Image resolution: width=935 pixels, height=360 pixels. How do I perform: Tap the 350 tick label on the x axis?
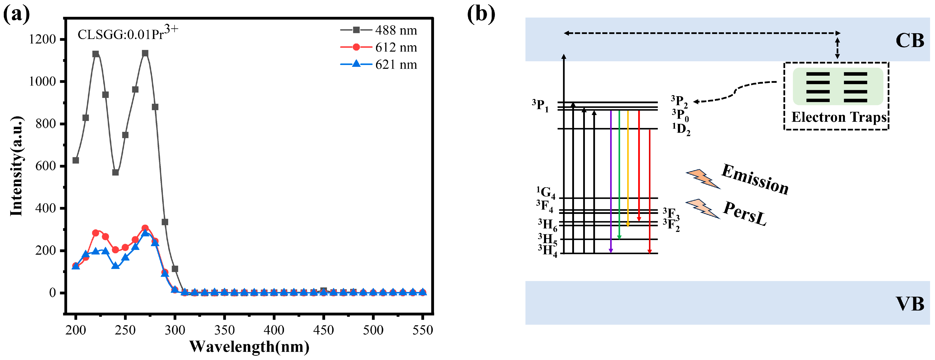pos(224,330)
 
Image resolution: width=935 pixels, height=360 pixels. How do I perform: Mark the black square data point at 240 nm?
pos(115,172)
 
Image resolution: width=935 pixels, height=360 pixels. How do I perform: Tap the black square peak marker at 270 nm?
pos(145,53)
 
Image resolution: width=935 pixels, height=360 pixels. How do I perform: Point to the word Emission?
pos(755,180)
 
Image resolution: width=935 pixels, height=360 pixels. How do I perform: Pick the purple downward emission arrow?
pos(611,182)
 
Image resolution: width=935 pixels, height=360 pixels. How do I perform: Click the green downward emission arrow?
pos(619,174)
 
